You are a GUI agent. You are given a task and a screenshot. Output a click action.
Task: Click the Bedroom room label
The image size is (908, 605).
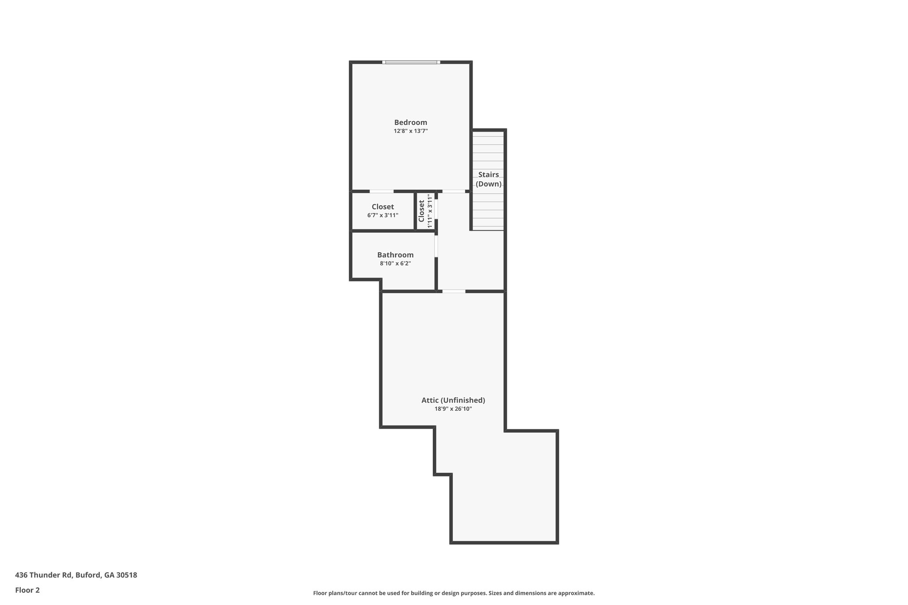tap(411, 122)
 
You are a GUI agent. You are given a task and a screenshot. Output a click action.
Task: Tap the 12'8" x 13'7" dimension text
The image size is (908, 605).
tap(411, 131)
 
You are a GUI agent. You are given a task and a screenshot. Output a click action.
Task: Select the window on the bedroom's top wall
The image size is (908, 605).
tap(411, 62)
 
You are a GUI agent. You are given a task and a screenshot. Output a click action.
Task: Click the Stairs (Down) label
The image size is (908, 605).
tap(488, 179)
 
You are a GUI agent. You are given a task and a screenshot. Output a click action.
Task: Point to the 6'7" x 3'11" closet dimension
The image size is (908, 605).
tap(383, 215)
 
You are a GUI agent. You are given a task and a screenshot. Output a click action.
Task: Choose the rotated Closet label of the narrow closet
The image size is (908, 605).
tap(422, 211)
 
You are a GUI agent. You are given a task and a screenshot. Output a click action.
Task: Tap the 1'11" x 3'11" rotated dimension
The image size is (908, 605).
tap(429, 211)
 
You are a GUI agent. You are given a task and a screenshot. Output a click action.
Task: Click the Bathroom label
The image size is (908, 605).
tap(395, 255)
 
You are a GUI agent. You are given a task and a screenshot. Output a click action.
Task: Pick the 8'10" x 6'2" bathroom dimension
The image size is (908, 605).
tap(395, 263)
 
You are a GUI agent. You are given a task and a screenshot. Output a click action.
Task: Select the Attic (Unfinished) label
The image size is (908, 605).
tap(453, 400)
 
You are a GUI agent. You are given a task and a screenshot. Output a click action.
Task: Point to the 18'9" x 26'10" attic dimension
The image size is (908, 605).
tap(453, 409)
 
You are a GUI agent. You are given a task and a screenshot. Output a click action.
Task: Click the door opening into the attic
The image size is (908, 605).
tap(454, 291)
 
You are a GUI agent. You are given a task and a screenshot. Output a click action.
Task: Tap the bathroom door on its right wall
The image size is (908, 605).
tap(436, 246)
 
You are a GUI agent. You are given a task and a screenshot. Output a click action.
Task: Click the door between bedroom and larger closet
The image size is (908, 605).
tap(381, 191)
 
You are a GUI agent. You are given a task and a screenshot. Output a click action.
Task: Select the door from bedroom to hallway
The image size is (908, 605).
tap(454, 191)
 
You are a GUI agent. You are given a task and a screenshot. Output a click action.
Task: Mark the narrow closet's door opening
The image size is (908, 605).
tap(436, 209)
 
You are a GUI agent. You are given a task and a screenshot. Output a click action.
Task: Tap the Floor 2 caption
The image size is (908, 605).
tap(27, 590)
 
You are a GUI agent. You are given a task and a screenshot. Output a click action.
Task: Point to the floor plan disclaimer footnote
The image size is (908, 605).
tap(454, 593)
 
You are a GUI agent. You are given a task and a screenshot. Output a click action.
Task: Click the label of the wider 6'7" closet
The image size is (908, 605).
tap(383, 207)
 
